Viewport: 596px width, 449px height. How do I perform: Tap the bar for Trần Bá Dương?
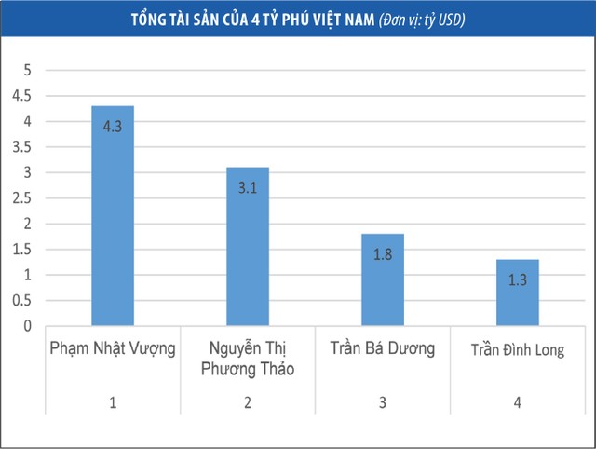click(382, 279)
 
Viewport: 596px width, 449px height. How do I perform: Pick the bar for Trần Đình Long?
click(517, 293)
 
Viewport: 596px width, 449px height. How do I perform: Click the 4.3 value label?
click(113, 127)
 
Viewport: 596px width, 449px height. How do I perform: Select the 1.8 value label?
click(382, 254)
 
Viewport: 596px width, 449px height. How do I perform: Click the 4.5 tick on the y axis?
click(20, 96)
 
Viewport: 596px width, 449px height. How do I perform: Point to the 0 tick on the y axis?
click(28, 327)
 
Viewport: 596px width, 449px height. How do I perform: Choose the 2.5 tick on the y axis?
click(20, 198)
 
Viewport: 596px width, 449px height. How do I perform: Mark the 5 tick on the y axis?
click(28, 70)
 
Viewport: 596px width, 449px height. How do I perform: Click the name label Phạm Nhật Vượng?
click(112, 349)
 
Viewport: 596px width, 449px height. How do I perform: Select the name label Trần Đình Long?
click(517, 350)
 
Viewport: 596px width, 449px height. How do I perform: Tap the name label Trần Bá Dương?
click(382, 349)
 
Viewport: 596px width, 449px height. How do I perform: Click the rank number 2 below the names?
click(247, 402)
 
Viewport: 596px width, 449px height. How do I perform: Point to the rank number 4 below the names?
click(517, 402)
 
